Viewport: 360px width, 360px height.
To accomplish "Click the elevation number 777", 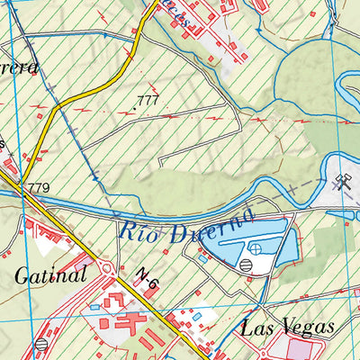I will tap(148, 100).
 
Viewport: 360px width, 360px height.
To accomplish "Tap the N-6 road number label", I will tap(148, 281).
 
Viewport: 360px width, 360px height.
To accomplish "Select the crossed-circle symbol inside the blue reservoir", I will tap(256, 247).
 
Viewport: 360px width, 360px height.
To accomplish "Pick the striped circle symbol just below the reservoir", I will tap(247, 264).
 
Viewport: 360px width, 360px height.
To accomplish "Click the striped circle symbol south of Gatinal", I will tap(40, 344).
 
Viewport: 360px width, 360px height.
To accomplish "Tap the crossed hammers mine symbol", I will tap(339, 184).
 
